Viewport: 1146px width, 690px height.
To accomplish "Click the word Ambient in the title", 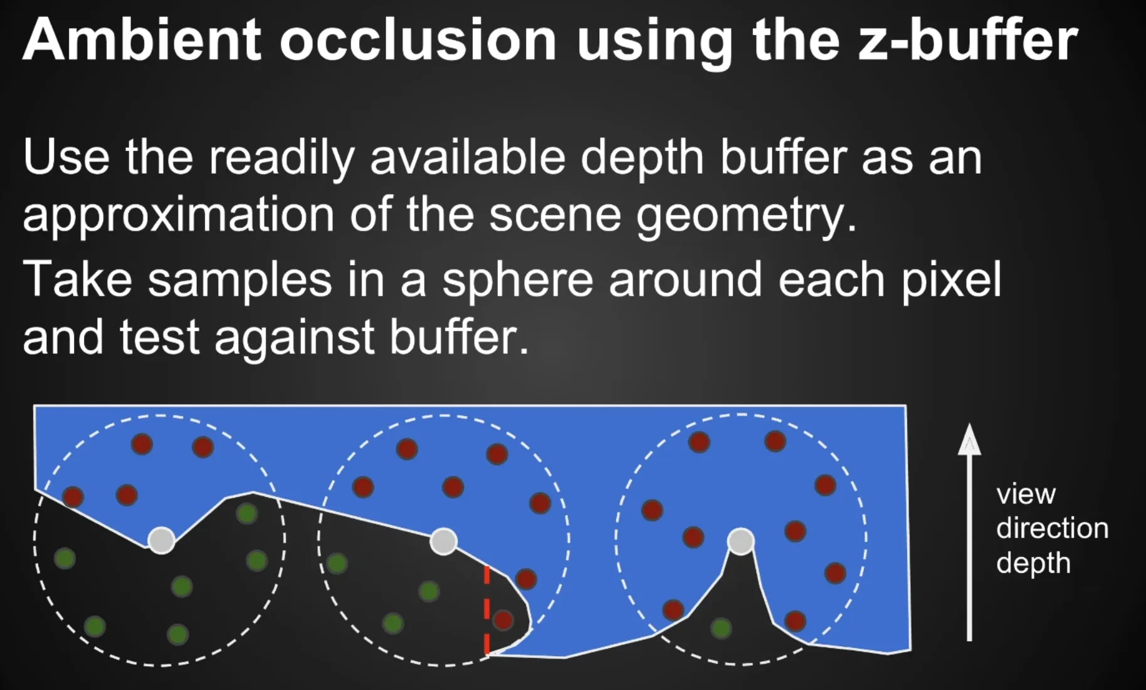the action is [142, 39].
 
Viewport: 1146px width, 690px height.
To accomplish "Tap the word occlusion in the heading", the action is [418, 40].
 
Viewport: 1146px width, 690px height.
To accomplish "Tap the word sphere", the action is [517, 280].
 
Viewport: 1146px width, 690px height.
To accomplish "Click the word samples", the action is [239, 280].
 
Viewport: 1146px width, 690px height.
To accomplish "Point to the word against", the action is [295, 338].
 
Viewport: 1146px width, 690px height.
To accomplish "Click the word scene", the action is [555, 216].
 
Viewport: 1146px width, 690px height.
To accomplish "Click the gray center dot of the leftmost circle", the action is [161, 540].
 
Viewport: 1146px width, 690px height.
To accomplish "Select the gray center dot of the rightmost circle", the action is [740, 541].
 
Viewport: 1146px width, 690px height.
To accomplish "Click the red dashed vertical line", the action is [486, 610].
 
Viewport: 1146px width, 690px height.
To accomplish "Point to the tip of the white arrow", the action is [969, 424].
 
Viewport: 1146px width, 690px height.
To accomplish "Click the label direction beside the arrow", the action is [1052, 528].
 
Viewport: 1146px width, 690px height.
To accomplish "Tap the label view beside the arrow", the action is [1026, 494].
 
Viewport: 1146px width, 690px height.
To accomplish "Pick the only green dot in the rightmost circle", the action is [721, 628].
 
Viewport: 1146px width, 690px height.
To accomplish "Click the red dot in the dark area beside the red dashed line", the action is [503, 620].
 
